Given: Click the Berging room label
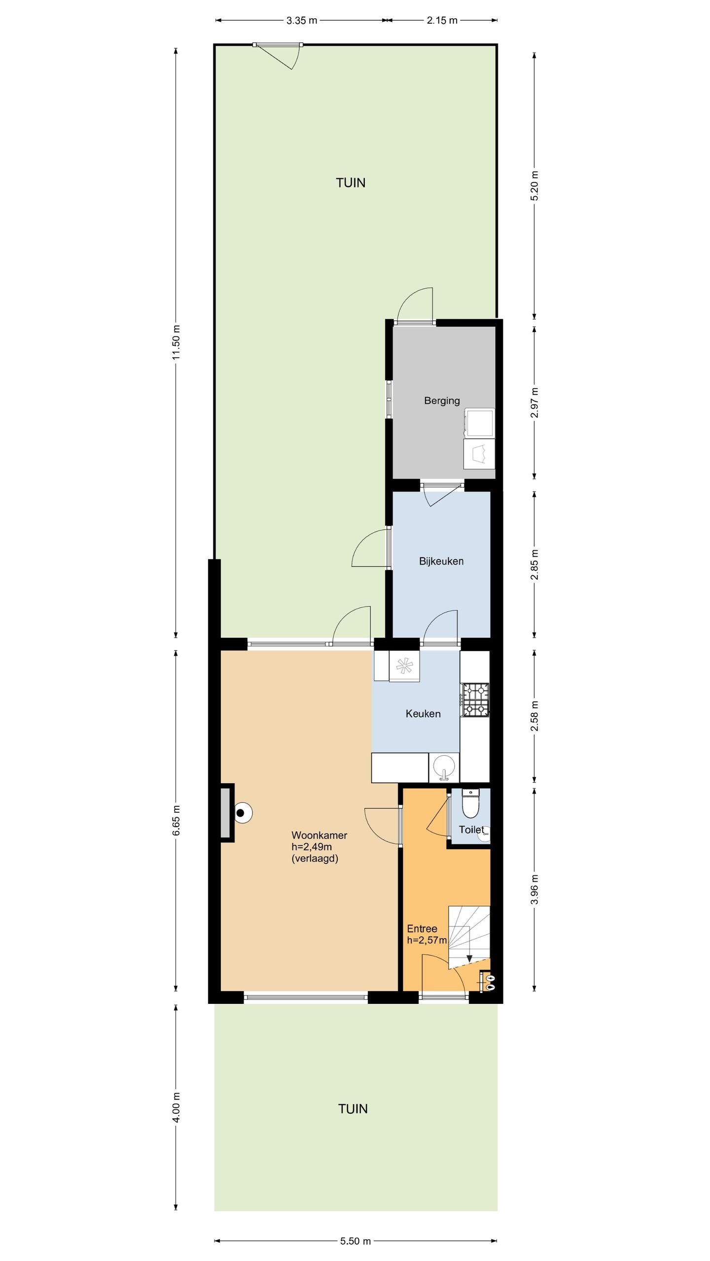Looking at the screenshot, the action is point(442,401).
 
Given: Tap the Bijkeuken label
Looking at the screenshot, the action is point(441,561).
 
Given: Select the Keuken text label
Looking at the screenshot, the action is point(423,714).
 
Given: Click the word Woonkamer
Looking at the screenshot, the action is point(319,835).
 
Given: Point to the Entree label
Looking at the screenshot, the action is point(422,929).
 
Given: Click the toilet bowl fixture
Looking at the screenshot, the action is point(470,803).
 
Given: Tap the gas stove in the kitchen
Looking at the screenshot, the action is point(475,699).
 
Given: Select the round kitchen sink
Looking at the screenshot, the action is point(444,767).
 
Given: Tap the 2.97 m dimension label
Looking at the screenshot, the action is point(534,402).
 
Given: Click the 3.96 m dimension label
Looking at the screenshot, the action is point(534,890).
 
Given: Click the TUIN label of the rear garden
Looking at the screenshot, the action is point(351,183).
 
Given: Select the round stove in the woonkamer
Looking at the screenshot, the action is point(242,813).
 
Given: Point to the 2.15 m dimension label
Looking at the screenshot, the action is point(442,21).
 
